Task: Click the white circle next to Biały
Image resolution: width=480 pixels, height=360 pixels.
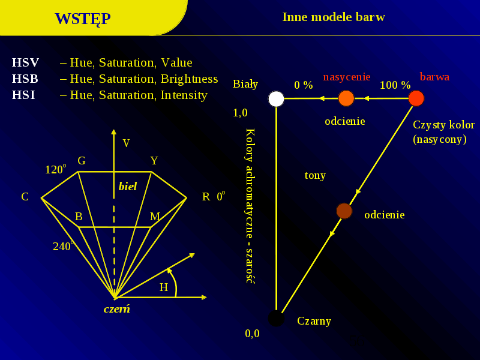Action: click(x=276, y=98)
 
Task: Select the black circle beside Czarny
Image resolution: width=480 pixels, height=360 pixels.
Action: click(x=276, y=319)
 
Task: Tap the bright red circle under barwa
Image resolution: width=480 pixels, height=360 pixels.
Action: click(x=416, y=98)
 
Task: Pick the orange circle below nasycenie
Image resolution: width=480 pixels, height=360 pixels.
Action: click(x=346, y=98)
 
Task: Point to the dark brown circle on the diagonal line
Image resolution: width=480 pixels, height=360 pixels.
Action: click(x=344, y=211)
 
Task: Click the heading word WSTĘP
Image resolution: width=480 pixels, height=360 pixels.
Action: click(x=83, y=19)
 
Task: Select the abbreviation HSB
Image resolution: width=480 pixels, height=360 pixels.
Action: click(x=25, y=79)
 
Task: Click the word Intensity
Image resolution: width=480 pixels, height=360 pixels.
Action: click(x=184, y=95)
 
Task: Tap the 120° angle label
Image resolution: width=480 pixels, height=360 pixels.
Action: click(x=55, y=169)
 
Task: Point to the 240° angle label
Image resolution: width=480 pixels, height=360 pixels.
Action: click(x=64, y=246)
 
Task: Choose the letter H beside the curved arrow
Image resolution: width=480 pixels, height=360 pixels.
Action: click(x=164, y=287)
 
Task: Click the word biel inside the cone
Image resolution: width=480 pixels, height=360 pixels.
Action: click(x=128, y=186)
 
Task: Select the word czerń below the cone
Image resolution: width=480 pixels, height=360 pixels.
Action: click(x=116, y=308)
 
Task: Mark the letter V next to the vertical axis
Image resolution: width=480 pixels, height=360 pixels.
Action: click(x=126, y=143)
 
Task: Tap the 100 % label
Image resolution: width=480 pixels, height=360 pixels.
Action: click(x=395, y=85)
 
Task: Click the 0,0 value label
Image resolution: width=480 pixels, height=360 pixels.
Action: click(x=252, y=334)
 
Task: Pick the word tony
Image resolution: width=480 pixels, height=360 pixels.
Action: click(x=315, y=175)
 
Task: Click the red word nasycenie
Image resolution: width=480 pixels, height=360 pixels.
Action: click(x=347, y=77)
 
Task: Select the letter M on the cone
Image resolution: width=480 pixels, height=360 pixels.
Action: click(x=155, y=217)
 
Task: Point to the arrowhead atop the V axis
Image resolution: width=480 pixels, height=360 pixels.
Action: click(x=114, y=131)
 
